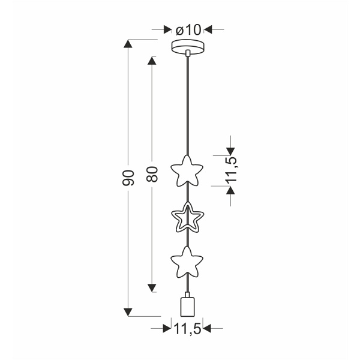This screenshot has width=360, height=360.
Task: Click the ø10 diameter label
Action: (188, 30)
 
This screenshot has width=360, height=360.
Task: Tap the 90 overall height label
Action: (128, 178)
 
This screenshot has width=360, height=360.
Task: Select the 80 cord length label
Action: (152, 174)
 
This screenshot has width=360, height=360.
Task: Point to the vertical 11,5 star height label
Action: (232, 170)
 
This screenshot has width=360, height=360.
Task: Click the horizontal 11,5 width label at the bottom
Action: (188, 329)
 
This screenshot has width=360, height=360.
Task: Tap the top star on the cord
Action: (187, 171)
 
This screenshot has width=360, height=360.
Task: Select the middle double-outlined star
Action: (188, 217)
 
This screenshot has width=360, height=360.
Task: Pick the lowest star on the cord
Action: (187, 262)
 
